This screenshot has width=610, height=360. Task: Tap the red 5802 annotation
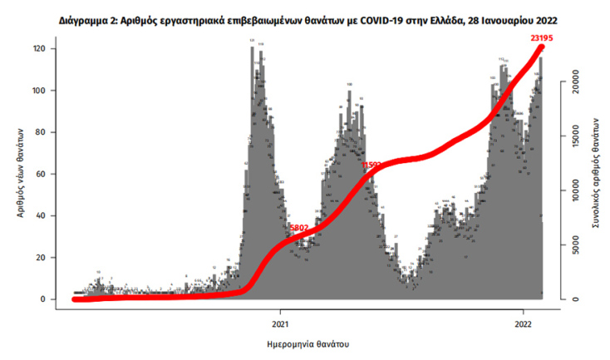pos(298,227)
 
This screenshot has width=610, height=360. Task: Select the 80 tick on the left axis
pos(38,132)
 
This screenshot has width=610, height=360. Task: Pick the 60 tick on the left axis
pos(38,174)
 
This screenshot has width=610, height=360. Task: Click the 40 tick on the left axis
pos(38,216)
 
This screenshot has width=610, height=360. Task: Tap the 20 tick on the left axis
pos(38,258)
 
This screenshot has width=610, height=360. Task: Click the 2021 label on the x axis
pos(280,323)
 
